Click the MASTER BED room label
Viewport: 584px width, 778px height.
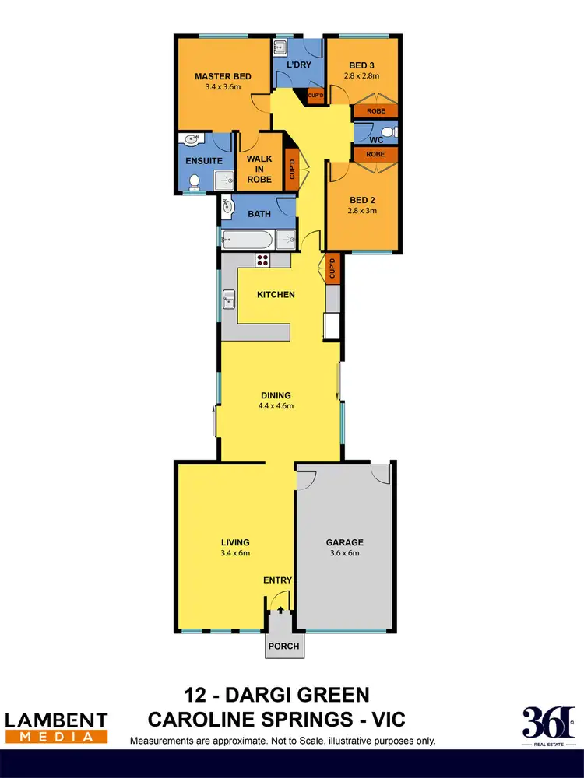[x=222, y=76]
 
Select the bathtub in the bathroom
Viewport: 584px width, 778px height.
[x=247, y=238]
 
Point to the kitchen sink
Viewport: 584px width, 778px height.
[x=230, y=296]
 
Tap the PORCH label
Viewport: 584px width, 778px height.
[x=281, y=646]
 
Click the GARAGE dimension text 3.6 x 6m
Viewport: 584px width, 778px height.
[x=343, y=554]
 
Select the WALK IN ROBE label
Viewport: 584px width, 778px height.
[x=259, y=169]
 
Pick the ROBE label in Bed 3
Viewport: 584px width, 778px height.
[x=375, y=110]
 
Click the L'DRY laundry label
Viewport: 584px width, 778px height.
[x=299, y=65]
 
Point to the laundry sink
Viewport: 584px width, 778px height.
[x=280, y=48]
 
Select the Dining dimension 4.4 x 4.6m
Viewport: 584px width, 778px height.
[x=277, y=405]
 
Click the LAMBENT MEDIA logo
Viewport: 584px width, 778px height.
[x=56, y=726]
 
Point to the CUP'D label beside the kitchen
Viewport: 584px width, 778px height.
[x=332, y=268]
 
